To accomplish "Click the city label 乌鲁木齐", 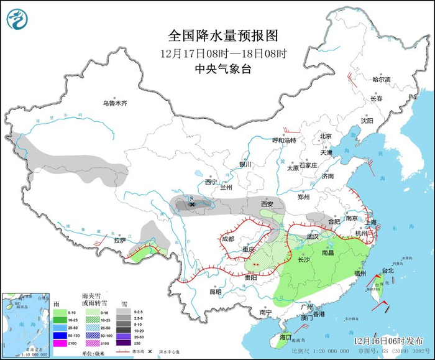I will click(115, 103).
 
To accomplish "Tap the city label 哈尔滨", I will click(381, 80).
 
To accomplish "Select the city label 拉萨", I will click(120, 240).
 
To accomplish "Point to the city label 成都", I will click(230, 238).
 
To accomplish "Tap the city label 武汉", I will click(313, 236).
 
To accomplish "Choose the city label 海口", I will click(285, 336).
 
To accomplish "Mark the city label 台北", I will click(388, 271).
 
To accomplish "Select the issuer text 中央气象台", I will click(222, 69).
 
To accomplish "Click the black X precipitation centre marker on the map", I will click(193, 204).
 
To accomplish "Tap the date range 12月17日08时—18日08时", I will click(222, 53).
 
